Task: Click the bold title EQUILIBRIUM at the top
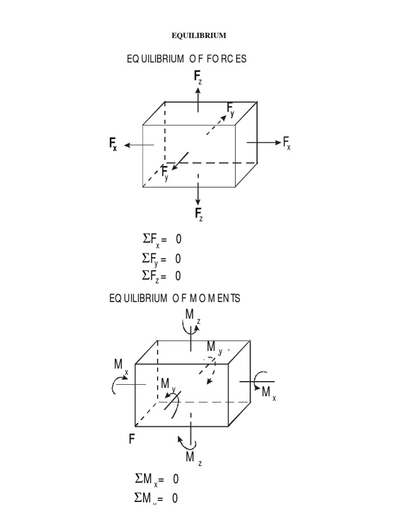[x=199, y=36]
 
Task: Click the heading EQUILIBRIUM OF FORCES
[x=187, y=59]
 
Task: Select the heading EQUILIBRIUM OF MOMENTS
[x=175, y=299]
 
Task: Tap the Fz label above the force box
[x=198, y=78]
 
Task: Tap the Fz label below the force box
[x=198, y=214]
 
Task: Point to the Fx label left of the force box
[x=112, y=145]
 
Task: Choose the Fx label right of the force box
[x=287, y=143]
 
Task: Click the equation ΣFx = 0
[x=162, y=240]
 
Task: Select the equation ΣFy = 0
[x=162, y=258]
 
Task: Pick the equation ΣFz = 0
[x=162, y=275]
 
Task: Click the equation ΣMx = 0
[x=156, y=479]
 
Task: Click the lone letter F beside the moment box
[x=132, y=440]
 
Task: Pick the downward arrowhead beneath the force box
[x=198, y=201]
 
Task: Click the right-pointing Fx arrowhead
[x=277, y=143]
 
